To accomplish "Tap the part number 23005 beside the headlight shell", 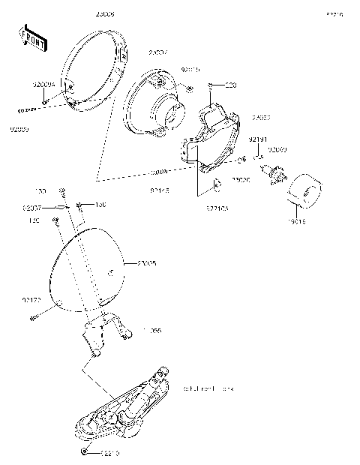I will (147, 263).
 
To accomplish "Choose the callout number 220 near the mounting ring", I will (230, 85).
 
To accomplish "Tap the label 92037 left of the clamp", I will (31, 206).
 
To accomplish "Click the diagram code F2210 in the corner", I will (334, 14).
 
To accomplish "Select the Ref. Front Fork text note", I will (208, 389).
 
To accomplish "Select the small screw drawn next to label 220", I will (214, 85).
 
